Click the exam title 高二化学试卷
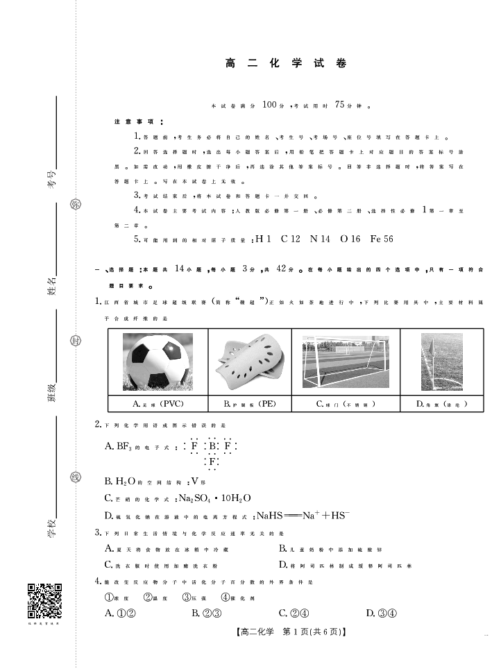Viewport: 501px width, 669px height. [x=285, y=64]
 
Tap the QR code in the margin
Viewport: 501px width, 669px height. [x=44, y=601]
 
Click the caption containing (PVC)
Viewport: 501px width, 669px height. [x=158, y=403]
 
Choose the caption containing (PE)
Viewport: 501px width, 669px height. [x=248, y=403]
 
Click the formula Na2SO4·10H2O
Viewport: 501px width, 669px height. [x=214, y=498]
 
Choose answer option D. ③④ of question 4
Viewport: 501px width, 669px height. [x=380, y=613]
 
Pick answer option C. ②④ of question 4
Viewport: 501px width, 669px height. [x=293, y=613]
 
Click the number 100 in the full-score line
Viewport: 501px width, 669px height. [x=271, y=105]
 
